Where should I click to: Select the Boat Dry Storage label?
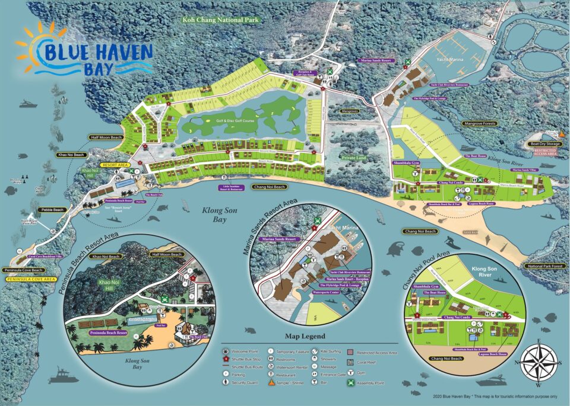click(547, 144)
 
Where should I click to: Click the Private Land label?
click(355, 158)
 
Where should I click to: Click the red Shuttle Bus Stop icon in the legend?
click(226, 359)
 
